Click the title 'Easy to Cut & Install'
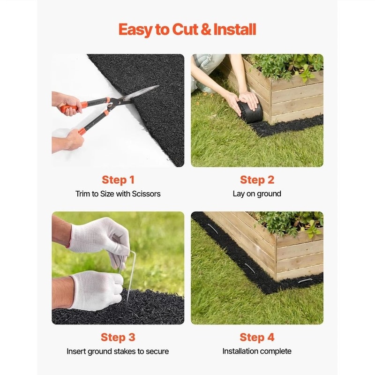[x=187, y=30]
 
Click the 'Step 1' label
[x=118, y=180]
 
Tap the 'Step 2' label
[x=256, y=180]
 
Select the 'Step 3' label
[x=118, y=337]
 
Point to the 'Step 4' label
[x=256, y=337]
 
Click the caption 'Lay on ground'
[x=257, y=194]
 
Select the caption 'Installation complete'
[x=257, y=351]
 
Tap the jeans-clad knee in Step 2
[x=206, y=66]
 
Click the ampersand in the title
[x=205, y=30]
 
